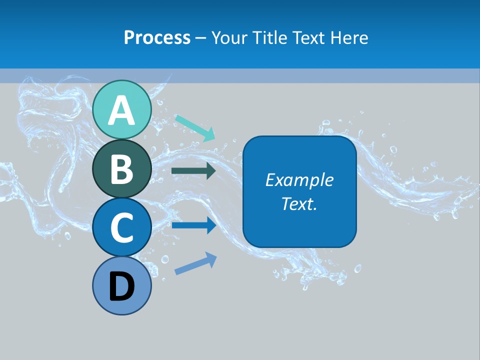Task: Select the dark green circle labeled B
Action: pos(122,168)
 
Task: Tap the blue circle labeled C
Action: pos(122,227)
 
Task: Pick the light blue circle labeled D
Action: pos(122,286)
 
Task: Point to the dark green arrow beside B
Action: pos(193,171)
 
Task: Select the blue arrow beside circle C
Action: pos(193,225)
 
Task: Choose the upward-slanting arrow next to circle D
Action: pos(195,263)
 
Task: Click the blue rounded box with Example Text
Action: pos(299,191)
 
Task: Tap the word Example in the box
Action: pos(299,180)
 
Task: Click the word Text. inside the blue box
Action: pos(299,204)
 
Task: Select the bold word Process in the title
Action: pos(157,38)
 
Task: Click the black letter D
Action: pos(122,287)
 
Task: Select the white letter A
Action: pos(122,110)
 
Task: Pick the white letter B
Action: pos(122,169)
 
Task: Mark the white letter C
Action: pos(122,228)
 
